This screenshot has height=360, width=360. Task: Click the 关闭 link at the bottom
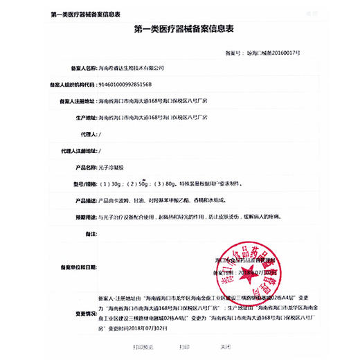(x=226, y=345)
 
